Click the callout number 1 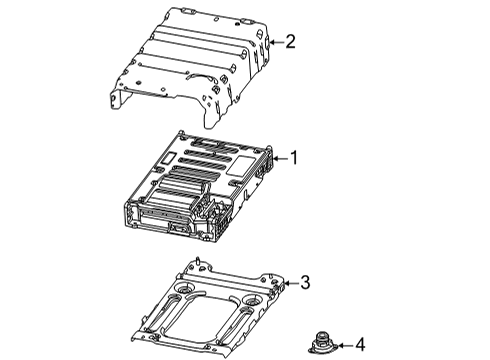[x=295, y=157]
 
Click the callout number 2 [x=291, y=42]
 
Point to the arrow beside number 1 [x=281, y=157]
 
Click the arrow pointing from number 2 [x=276, y=42]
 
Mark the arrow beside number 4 [x=344, y=346]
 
